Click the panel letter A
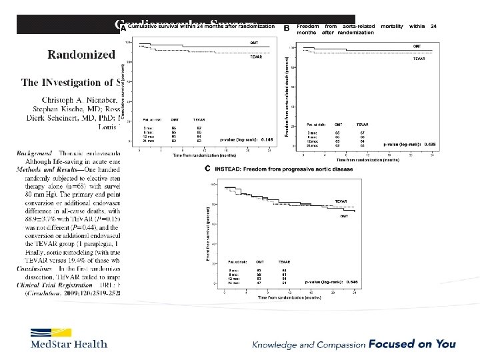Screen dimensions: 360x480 point(123,27)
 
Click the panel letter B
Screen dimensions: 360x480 point(287,28)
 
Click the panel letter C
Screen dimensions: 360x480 point(208,169)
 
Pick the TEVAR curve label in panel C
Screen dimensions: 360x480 point(341,201)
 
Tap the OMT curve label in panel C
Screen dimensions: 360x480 point(343,216)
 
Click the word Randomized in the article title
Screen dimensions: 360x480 point(81,54)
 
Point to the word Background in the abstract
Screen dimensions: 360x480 point(35,153)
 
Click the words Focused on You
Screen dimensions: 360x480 point(423,344)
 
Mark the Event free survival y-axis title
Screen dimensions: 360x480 point(207,231)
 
